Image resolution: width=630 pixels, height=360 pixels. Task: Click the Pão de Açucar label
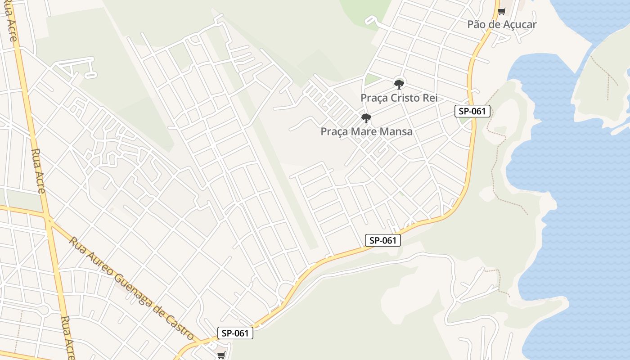click(502, 24)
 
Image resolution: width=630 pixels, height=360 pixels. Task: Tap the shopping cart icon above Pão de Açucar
click(501, 11)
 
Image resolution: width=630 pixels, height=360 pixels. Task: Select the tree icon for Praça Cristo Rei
click(399, 84)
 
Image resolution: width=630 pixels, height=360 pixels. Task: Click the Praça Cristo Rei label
click(399, 98)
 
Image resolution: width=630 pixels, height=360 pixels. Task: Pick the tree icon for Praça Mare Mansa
click(366, 118)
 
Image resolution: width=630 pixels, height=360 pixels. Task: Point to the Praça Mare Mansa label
click(366, 132)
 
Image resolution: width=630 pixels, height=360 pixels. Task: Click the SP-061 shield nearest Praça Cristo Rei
click(472, 111)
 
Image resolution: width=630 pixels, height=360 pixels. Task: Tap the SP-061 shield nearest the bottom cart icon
click(235, 333)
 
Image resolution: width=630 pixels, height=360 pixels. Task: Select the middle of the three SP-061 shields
click(382, 240)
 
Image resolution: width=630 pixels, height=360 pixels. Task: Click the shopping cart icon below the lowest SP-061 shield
click(221, 355)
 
